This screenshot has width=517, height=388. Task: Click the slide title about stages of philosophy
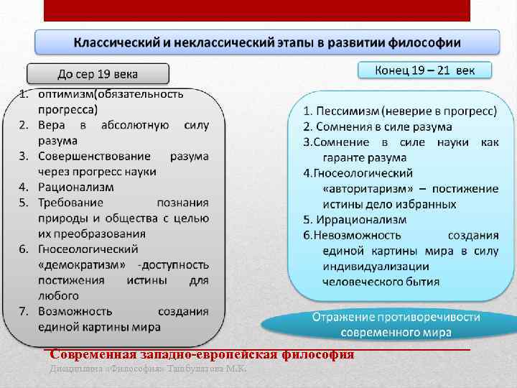pos(267,41)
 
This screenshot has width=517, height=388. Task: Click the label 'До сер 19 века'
pos(98,74)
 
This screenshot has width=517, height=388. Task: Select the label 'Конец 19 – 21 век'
pos(424,70)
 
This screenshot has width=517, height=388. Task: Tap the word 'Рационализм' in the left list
pos(77,187)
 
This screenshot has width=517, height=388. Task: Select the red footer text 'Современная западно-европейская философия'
pos(199,355)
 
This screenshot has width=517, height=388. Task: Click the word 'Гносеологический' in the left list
pos(88,249)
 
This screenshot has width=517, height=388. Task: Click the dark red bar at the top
pos(256,10)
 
